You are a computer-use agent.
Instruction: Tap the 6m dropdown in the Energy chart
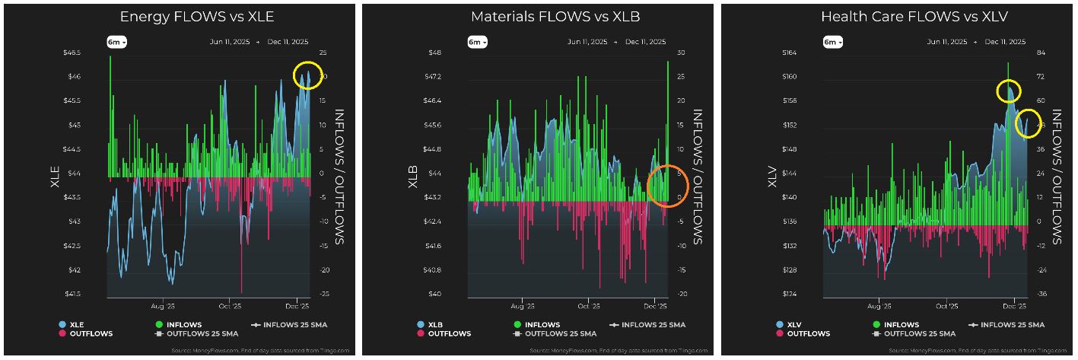coord(116,42)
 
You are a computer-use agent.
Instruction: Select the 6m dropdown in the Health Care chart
coord(833,42)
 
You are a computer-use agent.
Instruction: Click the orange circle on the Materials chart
coord(667,186)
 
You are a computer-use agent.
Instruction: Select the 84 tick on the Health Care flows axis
coord(1039,53)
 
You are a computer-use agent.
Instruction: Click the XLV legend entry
coord(793,325)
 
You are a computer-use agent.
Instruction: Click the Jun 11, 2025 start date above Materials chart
coord(587,42)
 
